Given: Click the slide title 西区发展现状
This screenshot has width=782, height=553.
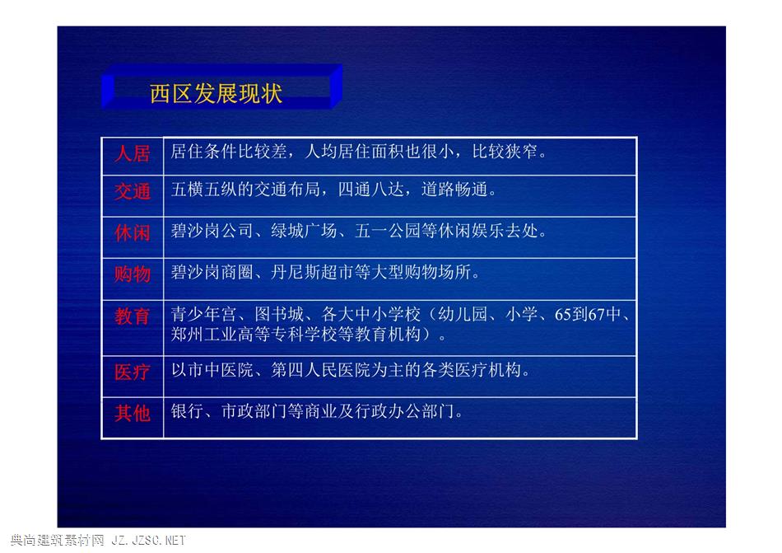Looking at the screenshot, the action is coord(216,93).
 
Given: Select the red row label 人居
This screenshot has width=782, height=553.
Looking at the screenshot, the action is coord(133,153).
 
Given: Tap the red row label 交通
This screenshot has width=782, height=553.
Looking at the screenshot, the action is coord(133,192).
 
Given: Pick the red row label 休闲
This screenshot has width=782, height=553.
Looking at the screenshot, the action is coord(133,232).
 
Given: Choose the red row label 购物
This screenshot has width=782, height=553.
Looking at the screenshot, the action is coord(133,274).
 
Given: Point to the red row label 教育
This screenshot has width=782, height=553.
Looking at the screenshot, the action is coord(133,316).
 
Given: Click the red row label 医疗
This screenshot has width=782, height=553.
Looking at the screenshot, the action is coord(133,372).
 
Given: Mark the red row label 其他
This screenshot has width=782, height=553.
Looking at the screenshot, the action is coord(133,413).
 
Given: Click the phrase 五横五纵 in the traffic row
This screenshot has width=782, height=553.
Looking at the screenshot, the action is coord(204,190).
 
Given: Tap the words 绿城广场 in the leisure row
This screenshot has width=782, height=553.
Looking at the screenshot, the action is coord(304,231).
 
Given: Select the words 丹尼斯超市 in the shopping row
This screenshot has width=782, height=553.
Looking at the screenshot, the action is coord(312,273).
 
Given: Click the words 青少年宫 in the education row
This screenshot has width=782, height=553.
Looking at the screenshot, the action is coord(204,315).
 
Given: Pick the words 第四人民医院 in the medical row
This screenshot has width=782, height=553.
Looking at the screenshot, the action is coord(321,370).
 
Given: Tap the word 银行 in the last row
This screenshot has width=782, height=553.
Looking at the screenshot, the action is coord(187,411).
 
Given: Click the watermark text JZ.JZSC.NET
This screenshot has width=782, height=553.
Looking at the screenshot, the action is coord(149,540).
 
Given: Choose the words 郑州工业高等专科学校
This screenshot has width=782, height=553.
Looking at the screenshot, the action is coord(254,334).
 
